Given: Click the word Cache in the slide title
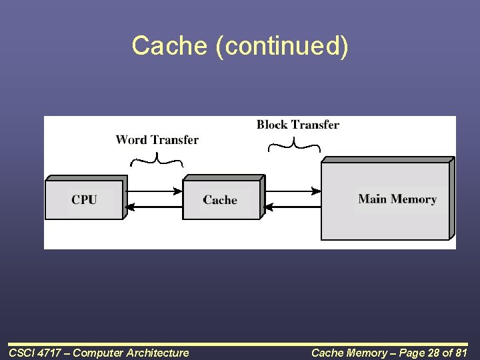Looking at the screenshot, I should pyautogui.click(x=170, y=46).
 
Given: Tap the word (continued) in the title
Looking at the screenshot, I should pyautogui.click(x=281, y=46).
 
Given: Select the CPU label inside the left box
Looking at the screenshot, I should pyautogui.click(x=84, y=199).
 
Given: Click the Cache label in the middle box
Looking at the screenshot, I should pyautogui.click(x=220, y=200).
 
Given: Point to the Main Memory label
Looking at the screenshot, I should pyautogui.click(x=397, y=199).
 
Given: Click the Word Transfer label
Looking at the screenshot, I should pyautogui.click(x=157, y=139).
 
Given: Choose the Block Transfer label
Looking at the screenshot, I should pyautogui.click(x=297, y=125).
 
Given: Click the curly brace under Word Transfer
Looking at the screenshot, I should pyautogui.click(x=157, y=158).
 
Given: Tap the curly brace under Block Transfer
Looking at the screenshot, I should pyautogui.click(x=294, y=143).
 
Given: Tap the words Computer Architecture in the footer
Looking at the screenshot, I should pyautogui.click(x=131, y=353).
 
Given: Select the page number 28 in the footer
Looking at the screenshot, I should pyautogui.click(x=420, y=353).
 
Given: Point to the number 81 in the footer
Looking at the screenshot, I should pyautogui.click(x=460, y=353).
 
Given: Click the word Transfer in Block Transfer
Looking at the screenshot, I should pyautogui.click(x=315, y=125).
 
